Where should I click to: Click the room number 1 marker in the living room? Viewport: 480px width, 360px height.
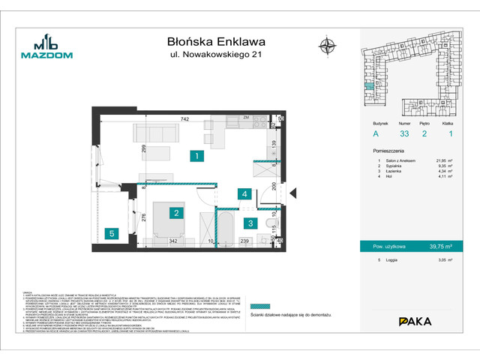(194, 157)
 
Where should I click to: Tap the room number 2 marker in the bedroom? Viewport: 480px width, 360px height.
(175, 214)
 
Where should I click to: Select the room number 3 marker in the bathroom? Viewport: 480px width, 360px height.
(250, 222)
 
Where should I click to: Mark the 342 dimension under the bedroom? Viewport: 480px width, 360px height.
(172, 241)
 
